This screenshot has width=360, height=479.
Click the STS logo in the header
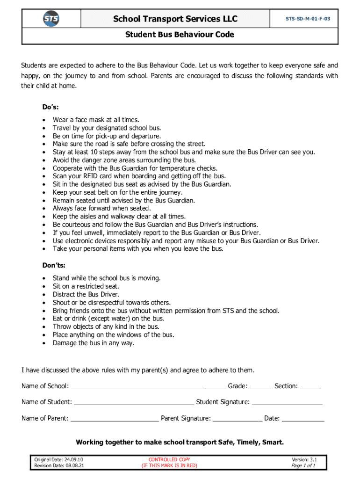[51, 19]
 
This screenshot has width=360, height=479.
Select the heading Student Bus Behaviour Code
[180, 35]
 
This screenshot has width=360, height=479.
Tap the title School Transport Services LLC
[175, 19]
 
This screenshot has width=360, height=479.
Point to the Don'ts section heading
[54, 265]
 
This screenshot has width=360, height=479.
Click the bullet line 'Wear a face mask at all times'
[96, 120]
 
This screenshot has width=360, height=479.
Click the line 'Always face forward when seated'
[101, 208]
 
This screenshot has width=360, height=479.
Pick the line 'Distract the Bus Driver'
[86, 294]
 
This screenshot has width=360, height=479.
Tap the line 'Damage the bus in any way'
[94, 343]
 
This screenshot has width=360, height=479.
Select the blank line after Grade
[260, 387]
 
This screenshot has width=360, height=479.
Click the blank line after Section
[310, 387]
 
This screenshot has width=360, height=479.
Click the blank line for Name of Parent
[114, 420]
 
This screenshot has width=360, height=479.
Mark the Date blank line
[303, 420]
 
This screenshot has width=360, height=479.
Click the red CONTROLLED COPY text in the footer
[169, 460]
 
